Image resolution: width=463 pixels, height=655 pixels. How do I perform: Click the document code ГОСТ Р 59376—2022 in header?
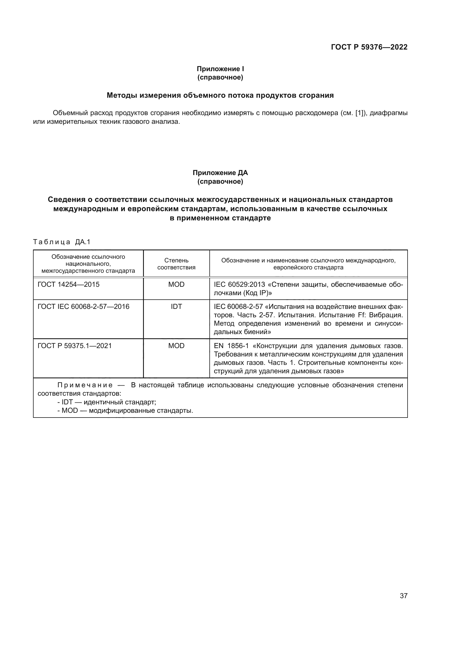[369, 47]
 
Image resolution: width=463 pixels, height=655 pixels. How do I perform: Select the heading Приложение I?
[220, 69]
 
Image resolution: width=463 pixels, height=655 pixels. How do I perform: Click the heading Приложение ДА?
[220, 173]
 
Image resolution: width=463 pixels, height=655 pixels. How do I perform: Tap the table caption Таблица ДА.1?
[62, 242]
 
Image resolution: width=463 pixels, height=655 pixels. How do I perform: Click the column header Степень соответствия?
[176, 264]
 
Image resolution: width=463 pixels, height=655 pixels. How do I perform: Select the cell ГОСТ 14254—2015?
[68, 285]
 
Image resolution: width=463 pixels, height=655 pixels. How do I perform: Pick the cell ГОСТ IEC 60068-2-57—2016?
[83, 307]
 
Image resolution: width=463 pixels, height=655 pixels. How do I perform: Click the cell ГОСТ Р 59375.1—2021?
[74, 346]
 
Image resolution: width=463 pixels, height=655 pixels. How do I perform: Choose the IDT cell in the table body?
[176, 307]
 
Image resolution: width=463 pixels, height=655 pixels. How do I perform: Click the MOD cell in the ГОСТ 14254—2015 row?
[176, 285]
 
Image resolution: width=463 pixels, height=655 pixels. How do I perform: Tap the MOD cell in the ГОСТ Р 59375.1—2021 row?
[176, 346]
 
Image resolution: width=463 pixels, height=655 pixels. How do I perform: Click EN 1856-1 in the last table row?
[231, 346]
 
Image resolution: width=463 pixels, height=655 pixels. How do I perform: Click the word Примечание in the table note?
[85, 385]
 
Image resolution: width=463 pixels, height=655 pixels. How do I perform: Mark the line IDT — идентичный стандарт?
[107, 402]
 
